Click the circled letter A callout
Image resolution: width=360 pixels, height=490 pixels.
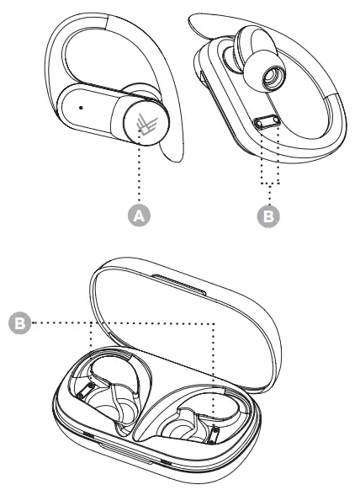point(142,215)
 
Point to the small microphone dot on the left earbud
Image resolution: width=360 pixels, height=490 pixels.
point(80,108)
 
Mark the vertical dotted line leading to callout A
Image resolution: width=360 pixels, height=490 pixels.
point(142,173)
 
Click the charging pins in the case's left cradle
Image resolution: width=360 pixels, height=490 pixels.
point(85,389)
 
